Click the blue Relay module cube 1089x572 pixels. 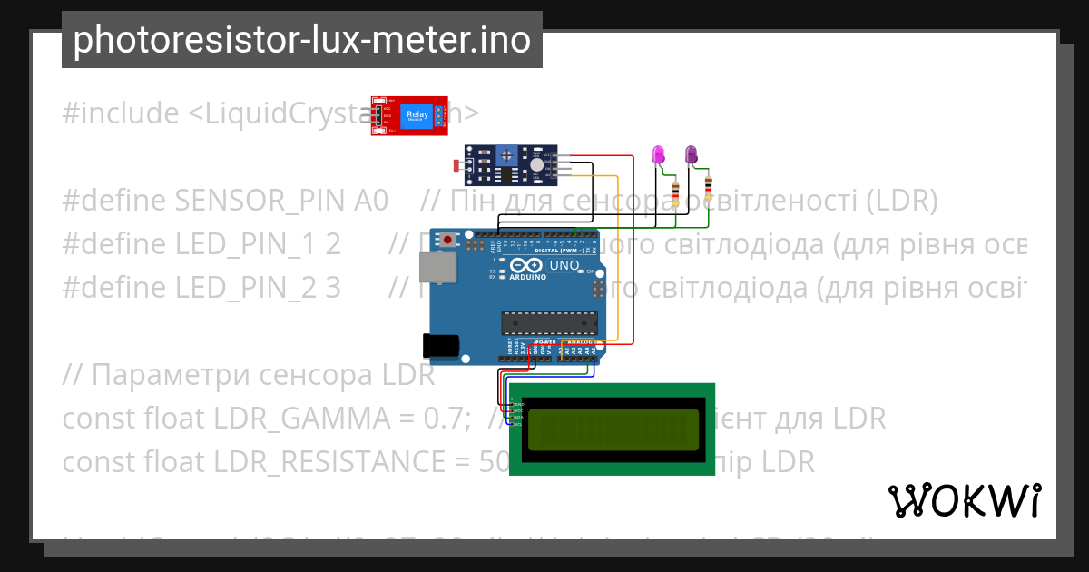tap(417, 115)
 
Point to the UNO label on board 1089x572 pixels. tap(564, 265)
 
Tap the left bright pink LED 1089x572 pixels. tap(660, 154)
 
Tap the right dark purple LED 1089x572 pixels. tap(692, 154)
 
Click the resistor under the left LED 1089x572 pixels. tap(676, 192)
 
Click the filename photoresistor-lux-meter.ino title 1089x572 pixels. tap(301, 41)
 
